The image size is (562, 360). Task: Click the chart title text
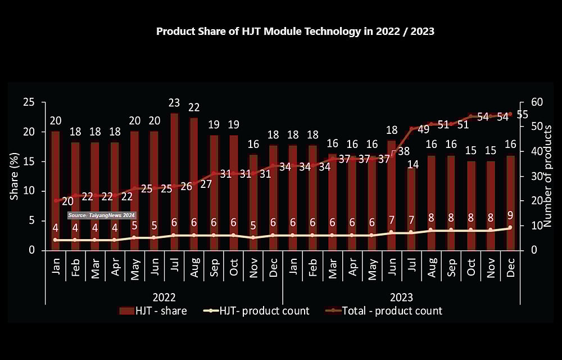tap(295, 31)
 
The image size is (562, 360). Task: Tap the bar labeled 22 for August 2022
tap(194, 183)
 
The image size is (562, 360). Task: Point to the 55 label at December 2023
tap(522, 114)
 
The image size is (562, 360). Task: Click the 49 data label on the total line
tap(423, 129)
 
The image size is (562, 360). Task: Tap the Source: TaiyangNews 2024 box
tap(102, 215)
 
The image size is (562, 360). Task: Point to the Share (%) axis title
tap(14, 176)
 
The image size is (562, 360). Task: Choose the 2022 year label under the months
tap(165, 296)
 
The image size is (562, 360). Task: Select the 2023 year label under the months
tap(401, 296)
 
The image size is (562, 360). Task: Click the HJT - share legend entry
tap(153, 310)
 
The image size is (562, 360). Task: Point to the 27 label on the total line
tap(206, 184)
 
